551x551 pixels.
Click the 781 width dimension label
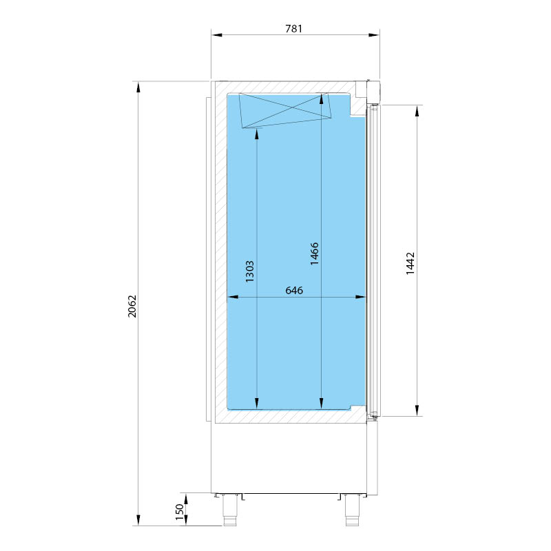[x=293, y=28]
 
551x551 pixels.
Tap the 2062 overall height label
[x=132, y=306]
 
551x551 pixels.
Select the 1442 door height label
[x=410, y=263]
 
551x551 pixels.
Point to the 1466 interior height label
[x=315, y=253]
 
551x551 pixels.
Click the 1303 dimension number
[x=249, y=271]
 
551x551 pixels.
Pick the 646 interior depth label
[x=294, y=290]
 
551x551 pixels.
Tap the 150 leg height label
[x=179, y=512]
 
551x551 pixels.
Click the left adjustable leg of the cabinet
[x=229, y=510]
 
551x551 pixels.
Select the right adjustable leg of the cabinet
[x=352, y=510]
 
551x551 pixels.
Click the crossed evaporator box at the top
[x=285, y=110]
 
